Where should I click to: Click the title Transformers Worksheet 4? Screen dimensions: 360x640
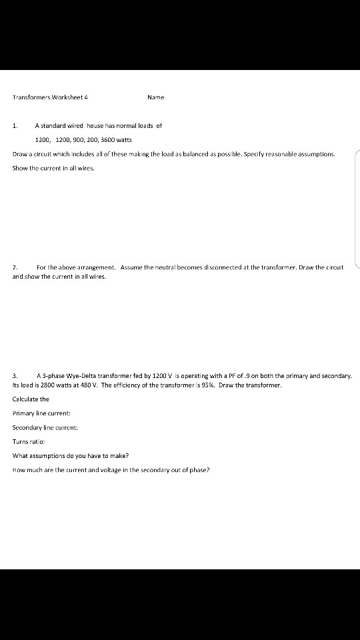click(50, 97)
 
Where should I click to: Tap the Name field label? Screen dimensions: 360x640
click(155, 97)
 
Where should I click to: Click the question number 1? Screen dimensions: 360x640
click(15, 125)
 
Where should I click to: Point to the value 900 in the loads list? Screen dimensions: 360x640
click(80, 140)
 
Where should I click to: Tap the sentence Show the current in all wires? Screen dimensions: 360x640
click(53, 168)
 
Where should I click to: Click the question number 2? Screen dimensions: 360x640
click(15, 267)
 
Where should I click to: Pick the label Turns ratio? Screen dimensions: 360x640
click(29, 441)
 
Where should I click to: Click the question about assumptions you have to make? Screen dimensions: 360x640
click(71, 456)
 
